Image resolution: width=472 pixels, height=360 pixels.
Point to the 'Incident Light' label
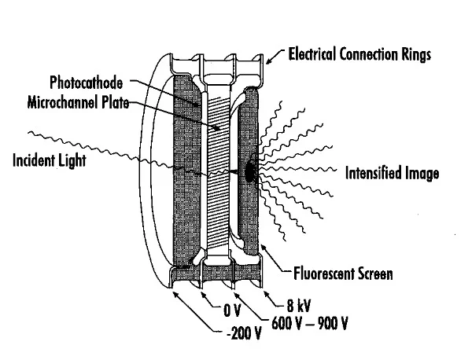tap(49, 162)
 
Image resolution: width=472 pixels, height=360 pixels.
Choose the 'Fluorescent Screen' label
tap(343, 274)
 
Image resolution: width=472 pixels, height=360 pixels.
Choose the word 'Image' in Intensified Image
tap(419, 174)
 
